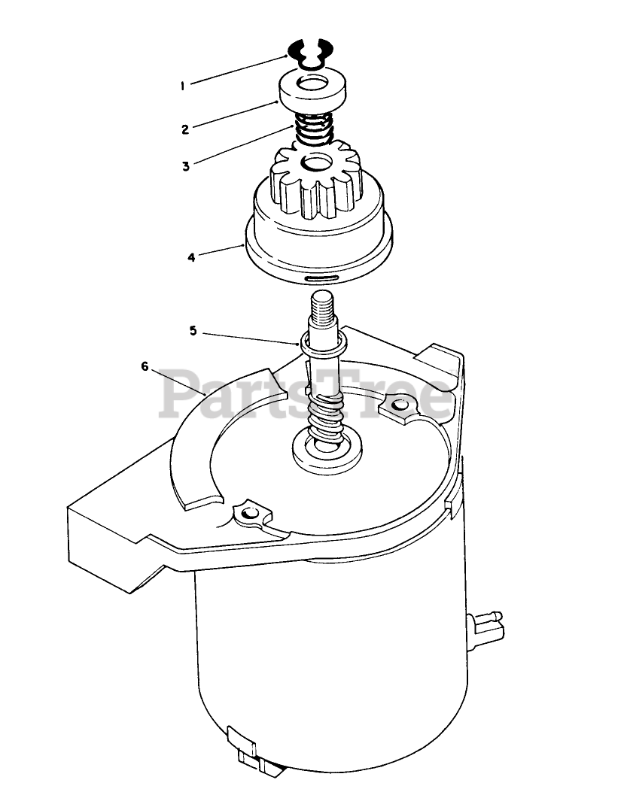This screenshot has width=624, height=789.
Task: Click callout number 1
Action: pos(182,86)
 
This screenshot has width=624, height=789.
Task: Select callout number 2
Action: pos(185,129)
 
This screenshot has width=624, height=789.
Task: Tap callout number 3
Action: pos(186,166)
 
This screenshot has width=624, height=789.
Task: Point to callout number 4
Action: pos(191,257)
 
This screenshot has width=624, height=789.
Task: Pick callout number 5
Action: pos(193,331)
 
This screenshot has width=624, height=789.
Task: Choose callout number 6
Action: pos(145,366)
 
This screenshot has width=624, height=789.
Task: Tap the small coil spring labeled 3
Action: pos(313,128)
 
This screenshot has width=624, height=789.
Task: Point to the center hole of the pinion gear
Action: pos(316,165)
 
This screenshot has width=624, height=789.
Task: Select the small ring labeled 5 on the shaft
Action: pos(324,343)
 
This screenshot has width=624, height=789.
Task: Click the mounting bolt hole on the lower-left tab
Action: pos(248,514)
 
